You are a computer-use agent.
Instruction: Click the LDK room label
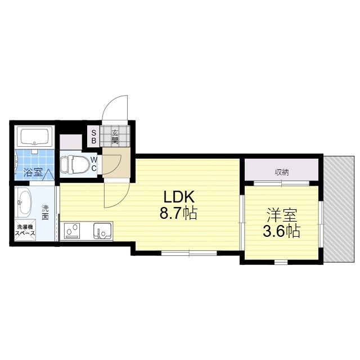point(179,197)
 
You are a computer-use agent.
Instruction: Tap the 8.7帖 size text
point(178,214)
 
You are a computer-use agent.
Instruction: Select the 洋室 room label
point(282,215)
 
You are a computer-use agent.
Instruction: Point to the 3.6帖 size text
point(282,231)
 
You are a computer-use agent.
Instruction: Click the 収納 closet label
point(282,172)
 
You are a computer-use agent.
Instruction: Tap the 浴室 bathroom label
point(33,172)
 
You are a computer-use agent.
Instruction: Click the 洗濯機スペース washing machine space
point(25,230)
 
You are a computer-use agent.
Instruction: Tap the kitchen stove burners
point(72,231)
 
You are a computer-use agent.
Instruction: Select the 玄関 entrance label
point(115,137)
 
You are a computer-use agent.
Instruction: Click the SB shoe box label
point(94,137)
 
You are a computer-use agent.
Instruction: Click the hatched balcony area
point(339,209)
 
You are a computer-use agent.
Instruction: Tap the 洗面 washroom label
point(45,213)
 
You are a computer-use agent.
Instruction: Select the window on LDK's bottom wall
point(189,253)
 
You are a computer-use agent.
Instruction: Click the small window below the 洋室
point(281,262)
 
